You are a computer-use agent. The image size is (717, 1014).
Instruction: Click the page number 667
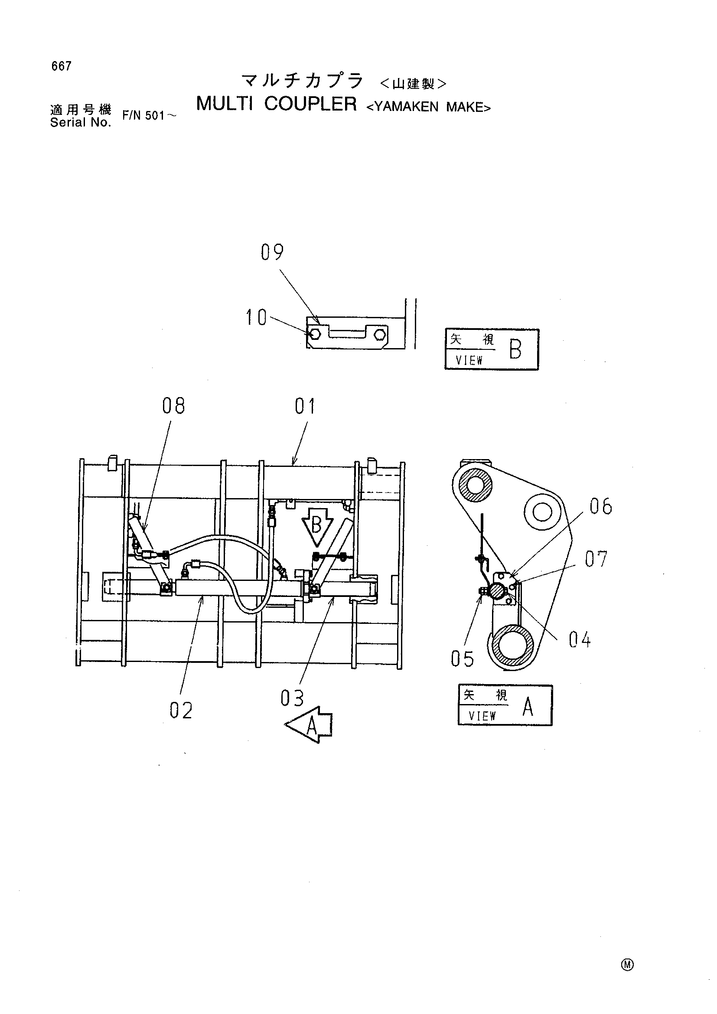coord(62,66)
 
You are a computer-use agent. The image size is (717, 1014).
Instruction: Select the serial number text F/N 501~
coord(150,116)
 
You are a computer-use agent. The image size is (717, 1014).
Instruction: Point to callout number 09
coord(272,252)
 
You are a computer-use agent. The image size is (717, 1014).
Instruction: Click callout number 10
coord(256,317)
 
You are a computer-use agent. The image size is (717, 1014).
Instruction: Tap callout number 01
coord(306,406)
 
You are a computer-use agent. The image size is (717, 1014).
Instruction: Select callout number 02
coord(181,711)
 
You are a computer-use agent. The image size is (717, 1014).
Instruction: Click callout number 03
coord(292,698)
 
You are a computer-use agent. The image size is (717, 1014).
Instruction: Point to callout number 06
coord(601,506)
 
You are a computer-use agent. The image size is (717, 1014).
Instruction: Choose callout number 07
coord(596,559)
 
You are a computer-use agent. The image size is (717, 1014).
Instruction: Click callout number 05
coord(462,659)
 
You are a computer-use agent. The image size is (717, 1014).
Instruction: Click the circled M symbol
coord(627,965)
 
